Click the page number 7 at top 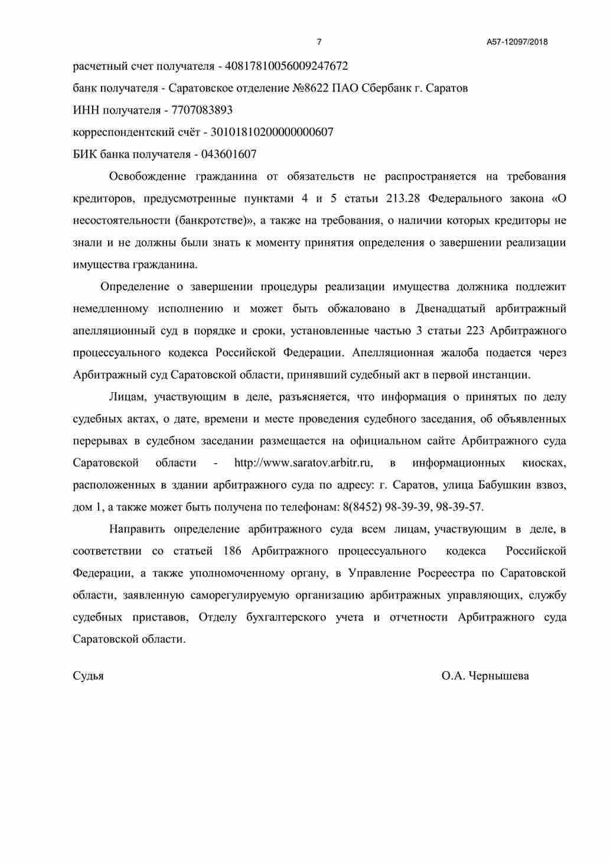click(x=319, y=42)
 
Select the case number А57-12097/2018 click(x=517, y=42)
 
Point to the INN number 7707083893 click(x=201, y=110)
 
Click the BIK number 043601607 click(x=229, y=155)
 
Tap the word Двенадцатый click(x=451, y=309)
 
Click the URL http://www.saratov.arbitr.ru click(x=303, y=463)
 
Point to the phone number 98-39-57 click(x=459, y=507)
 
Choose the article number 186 click(x=232, y=552)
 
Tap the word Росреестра click(x=446, y=574)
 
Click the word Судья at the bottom click(x=88, y=676)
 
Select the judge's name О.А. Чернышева click(x=485, y=676)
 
